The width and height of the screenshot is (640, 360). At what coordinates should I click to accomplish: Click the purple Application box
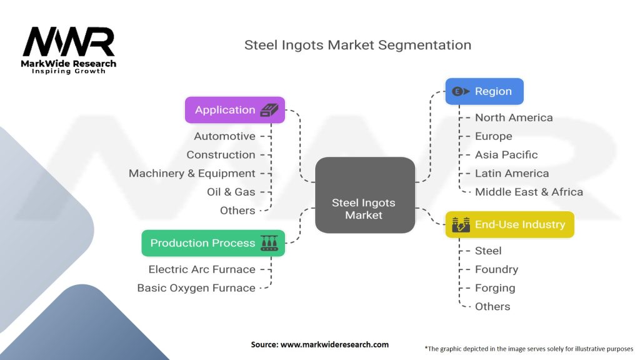(x=235, y=110)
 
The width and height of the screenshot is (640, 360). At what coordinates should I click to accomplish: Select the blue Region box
(x=484, y=91)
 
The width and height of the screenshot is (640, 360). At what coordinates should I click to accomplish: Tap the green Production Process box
(x=213, y=243)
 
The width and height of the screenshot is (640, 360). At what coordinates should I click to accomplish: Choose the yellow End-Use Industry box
(x=509, y=224)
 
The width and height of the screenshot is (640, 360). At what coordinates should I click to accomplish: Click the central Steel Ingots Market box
(x=365, y=195)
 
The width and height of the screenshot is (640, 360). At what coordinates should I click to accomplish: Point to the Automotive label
(x=224, y=136)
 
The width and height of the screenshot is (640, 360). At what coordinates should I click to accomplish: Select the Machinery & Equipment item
(x=192, y=174)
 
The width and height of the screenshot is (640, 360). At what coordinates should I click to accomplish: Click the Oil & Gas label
(x=231, y=192)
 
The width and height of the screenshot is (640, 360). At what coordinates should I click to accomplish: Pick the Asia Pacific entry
(x=506, y=155)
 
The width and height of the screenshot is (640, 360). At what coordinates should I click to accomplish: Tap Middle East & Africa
(x=529, y=192)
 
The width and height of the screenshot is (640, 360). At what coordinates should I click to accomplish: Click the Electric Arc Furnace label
(x=202, y=269)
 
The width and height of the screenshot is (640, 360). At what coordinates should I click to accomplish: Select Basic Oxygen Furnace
(x=196, y=288)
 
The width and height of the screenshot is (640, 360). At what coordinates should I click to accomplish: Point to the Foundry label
(x=496, y=269)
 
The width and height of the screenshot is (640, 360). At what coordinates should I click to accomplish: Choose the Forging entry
(x=495, y=288)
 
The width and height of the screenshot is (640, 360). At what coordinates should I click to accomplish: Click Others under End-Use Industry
(x=492, y=306)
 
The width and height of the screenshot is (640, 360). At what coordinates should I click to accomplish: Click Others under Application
(x=237, y=211)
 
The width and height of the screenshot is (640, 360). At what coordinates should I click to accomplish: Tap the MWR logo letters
(x=69, y=42)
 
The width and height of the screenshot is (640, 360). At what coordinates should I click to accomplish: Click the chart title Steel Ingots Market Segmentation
(x=357, y=45)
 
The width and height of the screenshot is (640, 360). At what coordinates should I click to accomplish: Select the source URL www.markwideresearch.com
(x=334, y=344)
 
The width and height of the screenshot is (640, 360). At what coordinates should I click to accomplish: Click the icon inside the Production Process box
(x=269, y=243)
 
